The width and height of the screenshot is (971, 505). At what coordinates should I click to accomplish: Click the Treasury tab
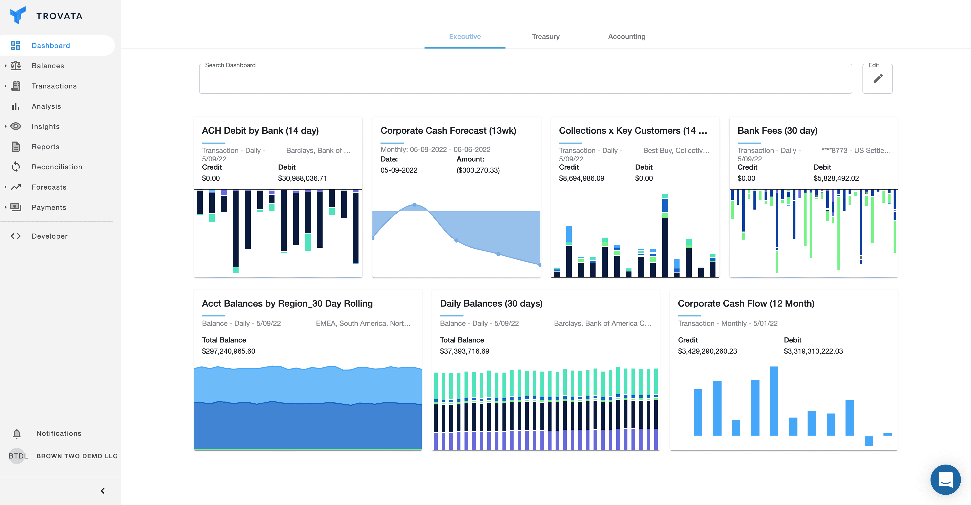pos(545,37)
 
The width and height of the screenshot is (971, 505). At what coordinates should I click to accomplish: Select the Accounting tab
pos(626,37)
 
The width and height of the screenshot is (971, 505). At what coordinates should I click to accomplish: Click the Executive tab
pos(465,37)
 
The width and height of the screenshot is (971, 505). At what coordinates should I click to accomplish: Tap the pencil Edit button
pos(878,79)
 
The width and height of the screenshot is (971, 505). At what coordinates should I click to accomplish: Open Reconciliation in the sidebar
pos(56,167)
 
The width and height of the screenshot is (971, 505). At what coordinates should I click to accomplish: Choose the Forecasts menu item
pos(49,187)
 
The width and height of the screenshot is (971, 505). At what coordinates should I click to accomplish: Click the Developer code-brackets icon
pos(15,236)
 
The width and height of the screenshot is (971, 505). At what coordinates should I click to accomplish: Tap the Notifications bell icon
pos(17,433)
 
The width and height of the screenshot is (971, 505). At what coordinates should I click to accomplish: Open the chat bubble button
pos(945,479)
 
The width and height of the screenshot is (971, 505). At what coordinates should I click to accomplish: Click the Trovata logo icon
pos(17,15)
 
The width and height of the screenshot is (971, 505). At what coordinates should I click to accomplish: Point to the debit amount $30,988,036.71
pos(302,178)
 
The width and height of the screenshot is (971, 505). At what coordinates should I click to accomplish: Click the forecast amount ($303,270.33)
pos(478,170)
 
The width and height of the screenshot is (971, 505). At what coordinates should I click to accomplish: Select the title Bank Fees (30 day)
pos(777,131)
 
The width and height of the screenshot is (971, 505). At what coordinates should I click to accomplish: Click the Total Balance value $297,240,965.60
pos(228,351)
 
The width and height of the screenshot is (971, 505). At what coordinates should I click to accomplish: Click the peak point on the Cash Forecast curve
pos(414,204)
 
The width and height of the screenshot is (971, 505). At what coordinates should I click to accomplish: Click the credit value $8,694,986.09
pos(581,178)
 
